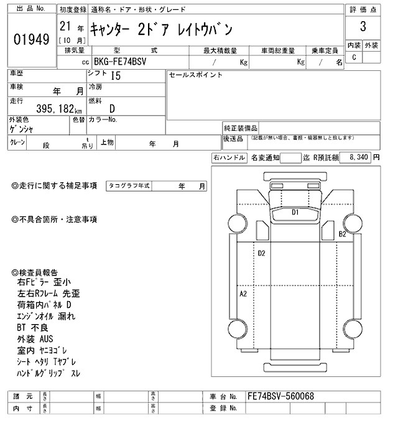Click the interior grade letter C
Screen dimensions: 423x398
pyautogui.click(x=354, y=57)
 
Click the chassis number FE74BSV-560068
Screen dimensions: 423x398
pyautogui.click(x=280, y=396)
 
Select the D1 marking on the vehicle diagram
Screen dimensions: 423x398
pyautogui.click(x=295, y=212)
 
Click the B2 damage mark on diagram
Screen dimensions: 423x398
pyautogui.click(x=342, y=234)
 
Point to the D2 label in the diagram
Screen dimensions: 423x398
pyautogui.click(x=262, y=253)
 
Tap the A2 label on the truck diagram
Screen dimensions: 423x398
pyautogui.click(x=244, y=293)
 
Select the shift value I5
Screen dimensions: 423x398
pyautogui.click(x=115, y=77)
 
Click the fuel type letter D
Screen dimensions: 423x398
pyautogui.click(x=113, y=108)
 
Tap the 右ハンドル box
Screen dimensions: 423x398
pyautogui.click(x=229, y=158)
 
